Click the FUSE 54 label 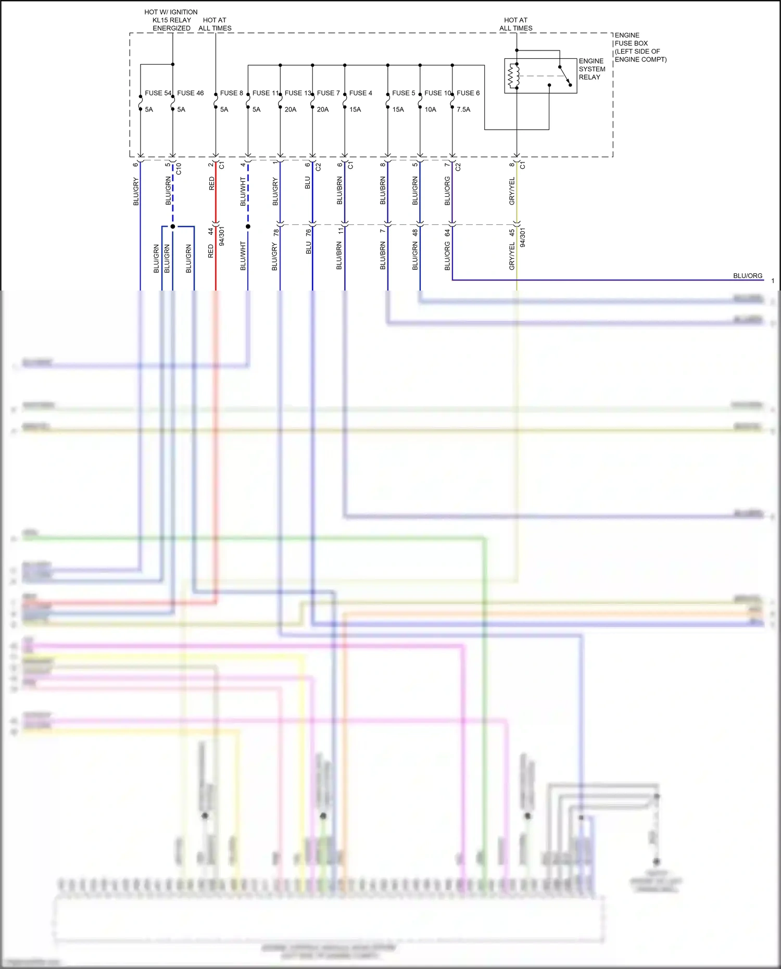click(158, 93)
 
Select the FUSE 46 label click(190, 93)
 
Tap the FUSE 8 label click(231, 93)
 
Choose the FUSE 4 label click(360, 93)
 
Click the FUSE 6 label click(468, 93)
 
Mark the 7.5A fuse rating click(463, 109)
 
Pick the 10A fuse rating click(430, 109)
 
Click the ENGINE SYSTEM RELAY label click(592, 69)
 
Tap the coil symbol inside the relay click(514, 76)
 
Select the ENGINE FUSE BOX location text click(640, 47)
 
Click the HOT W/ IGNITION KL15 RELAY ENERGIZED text click(171, 20)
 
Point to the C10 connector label click(179, 168)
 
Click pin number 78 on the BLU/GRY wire click(276, 232)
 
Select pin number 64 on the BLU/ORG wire click(447, 233)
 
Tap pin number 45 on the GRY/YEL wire click(512, 232)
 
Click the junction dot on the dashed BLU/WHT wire click(248, 226)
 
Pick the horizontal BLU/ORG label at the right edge click(747, 275)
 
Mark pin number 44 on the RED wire click(211, 231)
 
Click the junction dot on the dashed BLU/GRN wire click(173, 226)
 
